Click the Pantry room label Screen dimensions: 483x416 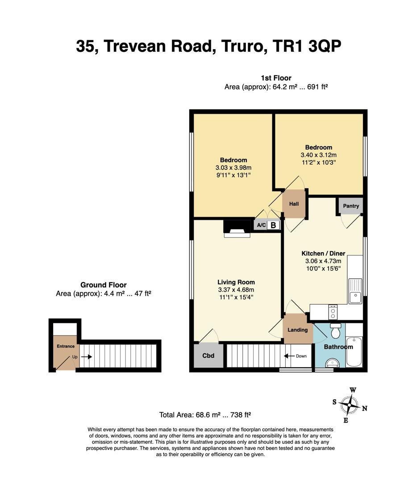point(351,206)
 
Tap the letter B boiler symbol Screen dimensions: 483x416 point(273,225)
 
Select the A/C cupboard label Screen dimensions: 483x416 point(261,225)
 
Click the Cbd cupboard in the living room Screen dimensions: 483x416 point(208,356)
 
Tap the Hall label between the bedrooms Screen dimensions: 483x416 point(294,204)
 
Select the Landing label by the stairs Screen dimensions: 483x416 point(297,330)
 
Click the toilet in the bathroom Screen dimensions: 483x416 point(336,331)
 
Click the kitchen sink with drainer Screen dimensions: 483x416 point(355,291)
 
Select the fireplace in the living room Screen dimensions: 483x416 point(237,227)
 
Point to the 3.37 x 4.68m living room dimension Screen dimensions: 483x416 point(236,290)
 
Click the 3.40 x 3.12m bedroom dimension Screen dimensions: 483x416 point(318,155)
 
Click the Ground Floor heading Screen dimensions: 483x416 point(103,285)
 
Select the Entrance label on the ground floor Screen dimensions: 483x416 point(66,346)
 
